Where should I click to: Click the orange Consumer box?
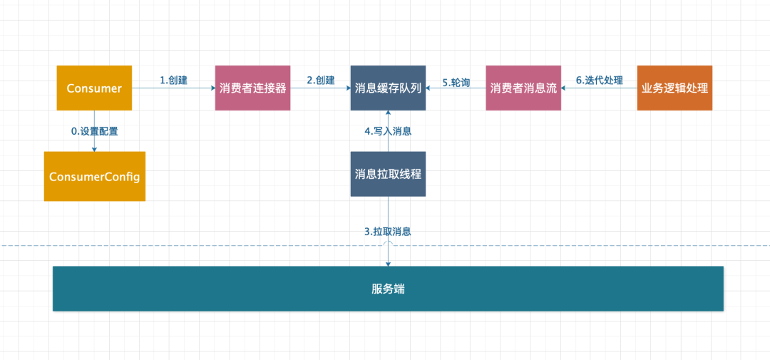94,88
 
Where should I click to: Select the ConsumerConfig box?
94,176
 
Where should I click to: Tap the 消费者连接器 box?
252,88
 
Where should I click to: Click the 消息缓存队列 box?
388,88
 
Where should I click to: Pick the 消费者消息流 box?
523,88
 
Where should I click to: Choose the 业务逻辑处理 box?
674,88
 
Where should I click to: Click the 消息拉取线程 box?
388,174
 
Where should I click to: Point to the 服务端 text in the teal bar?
388,289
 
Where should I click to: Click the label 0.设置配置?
94,131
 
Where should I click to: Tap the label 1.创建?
173,81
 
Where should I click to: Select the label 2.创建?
320,81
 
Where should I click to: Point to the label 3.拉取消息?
387,232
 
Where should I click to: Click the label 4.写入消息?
388,131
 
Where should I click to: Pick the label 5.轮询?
456,82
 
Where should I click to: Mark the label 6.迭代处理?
599,81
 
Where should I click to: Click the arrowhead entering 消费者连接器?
212,88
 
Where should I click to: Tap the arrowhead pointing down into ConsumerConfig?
94,148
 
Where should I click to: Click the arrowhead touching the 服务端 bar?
388,263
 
